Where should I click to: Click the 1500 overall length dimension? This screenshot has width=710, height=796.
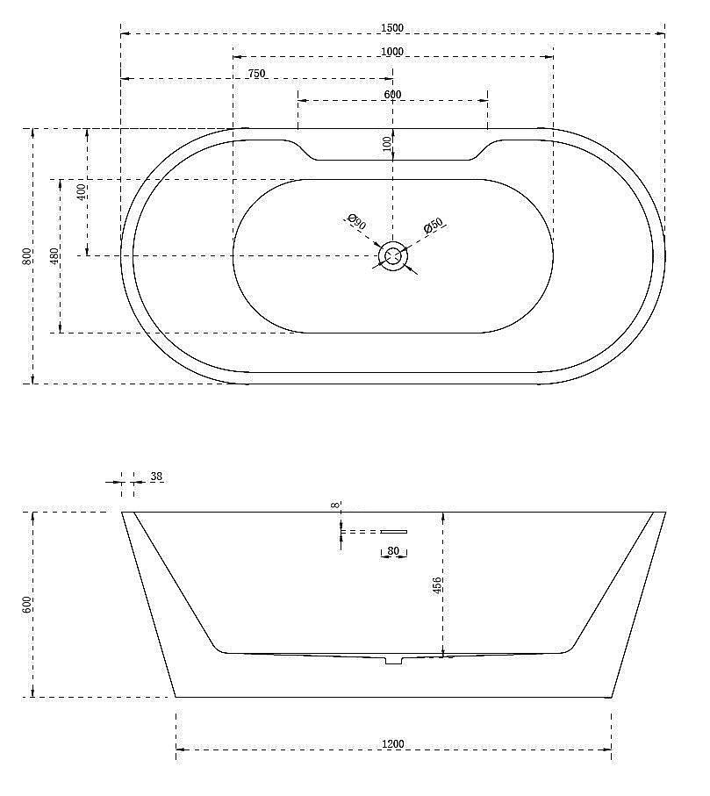[392, 28]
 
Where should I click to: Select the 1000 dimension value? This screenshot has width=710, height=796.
[392, 52]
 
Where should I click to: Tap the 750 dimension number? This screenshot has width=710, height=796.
[256, 74]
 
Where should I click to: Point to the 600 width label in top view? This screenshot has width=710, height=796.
[392, 95]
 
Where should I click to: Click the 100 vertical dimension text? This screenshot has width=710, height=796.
[387, 144]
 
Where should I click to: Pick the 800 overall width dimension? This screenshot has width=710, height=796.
[27, 256]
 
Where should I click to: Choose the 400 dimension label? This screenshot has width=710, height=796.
[81, 192]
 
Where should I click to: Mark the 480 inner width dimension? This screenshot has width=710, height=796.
[54, 256]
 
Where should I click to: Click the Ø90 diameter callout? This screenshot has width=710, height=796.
[356, 222]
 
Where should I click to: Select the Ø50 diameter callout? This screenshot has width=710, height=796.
[434, 226]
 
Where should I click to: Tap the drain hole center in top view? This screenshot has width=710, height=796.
[392, 256]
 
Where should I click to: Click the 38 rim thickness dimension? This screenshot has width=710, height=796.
[156, 477]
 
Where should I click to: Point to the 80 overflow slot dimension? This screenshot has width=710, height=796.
[393, 552]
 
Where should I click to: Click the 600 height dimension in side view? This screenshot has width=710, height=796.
[27, 605]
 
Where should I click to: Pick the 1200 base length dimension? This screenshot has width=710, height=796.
[392, 744]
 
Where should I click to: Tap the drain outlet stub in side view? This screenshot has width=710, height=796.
[392, 659]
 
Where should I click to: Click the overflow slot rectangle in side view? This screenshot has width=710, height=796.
[393, 531]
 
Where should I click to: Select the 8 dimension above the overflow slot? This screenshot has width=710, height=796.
[335, 506]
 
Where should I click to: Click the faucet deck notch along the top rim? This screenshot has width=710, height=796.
[392, 150]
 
